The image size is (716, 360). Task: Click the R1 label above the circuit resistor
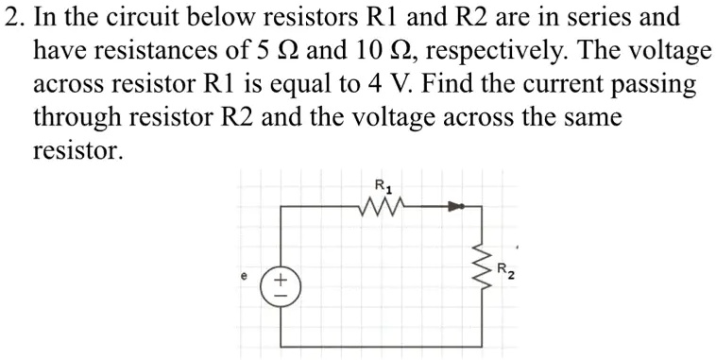tap(382, 184)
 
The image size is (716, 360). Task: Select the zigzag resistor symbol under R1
tap(384, 205)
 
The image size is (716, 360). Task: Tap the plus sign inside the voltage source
tap(281, 278)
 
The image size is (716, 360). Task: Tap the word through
tap(77, 118)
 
